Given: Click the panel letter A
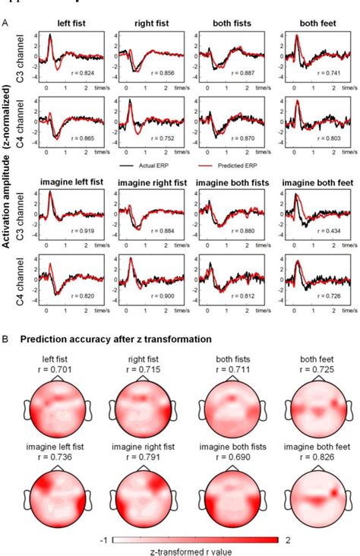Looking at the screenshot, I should coord(7,24).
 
